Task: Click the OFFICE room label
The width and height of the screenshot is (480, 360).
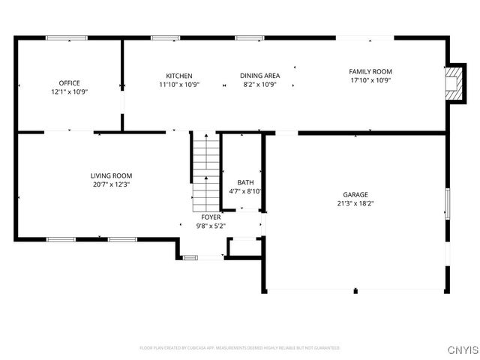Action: (x=69, y=83)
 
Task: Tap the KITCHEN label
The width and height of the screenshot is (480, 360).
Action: (x=179, y=76)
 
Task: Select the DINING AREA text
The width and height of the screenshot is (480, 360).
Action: (x=259, y=76)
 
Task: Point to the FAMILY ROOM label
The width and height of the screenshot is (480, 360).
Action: (x=370, y=71)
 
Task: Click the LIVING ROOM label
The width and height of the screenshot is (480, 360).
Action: (x=111, y=175)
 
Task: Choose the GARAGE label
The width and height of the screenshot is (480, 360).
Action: (x=355, y=194)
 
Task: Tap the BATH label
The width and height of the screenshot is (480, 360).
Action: (x=245, y=182)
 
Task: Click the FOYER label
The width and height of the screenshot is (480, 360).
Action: (x=211, y=217)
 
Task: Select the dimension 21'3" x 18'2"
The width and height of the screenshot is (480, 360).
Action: (x=355, y=202)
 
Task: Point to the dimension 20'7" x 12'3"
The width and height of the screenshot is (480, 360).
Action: (x=111, y=184)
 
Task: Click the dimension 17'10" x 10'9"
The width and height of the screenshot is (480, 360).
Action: (x=370, y=80)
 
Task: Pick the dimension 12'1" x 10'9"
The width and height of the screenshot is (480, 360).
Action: (x=69, y=91)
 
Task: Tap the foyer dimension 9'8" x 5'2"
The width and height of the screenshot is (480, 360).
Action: (x=211, y=225)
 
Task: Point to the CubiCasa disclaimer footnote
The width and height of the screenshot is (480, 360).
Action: (x=239, y=348)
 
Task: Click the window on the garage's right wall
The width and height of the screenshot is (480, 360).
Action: (x=447, y=204)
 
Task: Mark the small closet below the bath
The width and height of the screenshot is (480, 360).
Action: (x=243, y=247)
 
